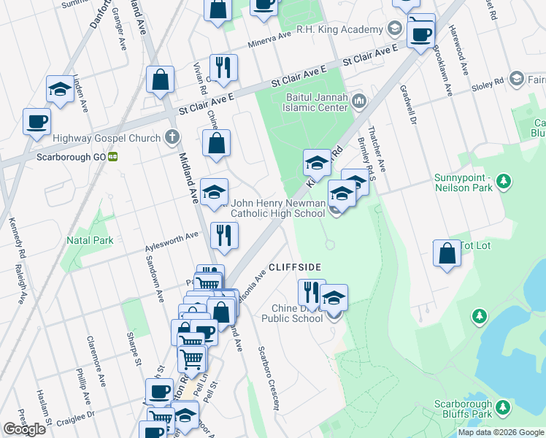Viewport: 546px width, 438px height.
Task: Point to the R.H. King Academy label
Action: (339, 30)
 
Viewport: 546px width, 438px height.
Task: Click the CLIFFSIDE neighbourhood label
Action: (296, 267)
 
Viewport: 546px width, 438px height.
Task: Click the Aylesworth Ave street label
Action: (171, 236)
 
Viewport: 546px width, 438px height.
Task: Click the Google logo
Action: (24, 429)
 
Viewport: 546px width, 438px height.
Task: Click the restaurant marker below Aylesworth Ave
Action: (224, 235)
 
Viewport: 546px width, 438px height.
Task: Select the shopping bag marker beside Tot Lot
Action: (447, 254)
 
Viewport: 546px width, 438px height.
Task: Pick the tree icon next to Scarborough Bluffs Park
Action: (503, 406)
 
